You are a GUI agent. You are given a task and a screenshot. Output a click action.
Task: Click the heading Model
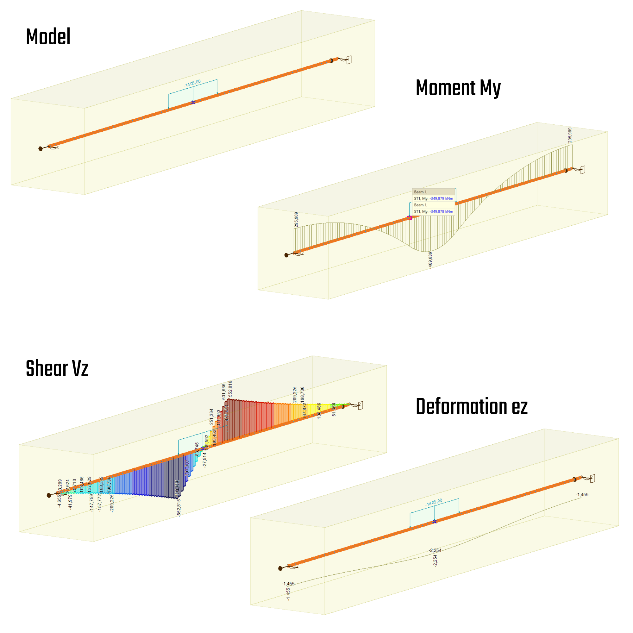tap(48, 37)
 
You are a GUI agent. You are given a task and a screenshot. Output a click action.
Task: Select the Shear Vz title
tap(57, 369)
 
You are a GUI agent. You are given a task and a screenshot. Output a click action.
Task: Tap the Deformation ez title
tap(471, 407)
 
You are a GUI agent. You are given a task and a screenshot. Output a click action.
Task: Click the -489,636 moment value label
tap(430, 260)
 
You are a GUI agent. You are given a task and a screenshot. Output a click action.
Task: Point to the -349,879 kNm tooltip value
tap(441, 198)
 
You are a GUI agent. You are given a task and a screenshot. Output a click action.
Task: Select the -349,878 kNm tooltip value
tap(441, 212)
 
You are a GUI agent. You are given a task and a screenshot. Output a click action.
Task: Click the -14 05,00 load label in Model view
tap(192, 84)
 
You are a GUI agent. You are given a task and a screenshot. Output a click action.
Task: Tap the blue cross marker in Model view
tap(193, 103)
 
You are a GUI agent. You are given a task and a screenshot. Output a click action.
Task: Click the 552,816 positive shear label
tap(230, 389)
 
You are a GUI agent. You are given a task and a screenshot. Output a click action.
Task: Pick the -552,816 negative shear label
tap(179, 508)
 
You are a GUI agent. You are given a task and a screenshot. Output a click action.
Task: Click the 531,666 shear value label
tap(224, 392)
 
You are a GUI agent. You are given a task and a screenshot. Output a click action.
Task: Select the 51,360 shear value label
tap(334, 410)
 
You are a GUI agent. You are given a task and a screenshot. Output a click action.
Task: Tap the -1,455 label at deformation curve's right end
tap(582, 495)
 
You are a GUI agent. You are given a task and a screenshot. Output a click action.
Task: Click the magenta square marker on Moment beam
tap(409, 218)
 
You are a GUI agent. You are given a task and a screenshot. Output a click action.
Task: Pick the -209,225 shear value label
tap(112, 503)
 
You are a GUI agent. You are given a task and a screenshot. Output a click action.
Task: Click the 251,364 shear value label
tap(211, 417)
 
